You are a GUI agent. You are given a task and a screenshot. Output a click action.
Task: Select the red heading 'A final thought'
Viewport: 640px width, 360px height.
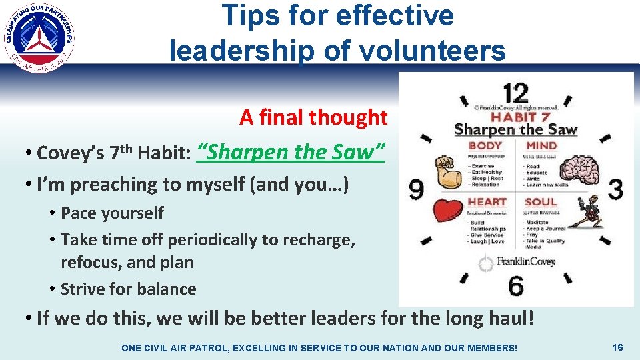point(313,117)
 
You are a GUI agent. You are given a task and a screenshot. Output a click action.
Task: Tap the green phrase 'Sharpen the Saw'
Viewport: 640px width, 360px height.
point(292,152)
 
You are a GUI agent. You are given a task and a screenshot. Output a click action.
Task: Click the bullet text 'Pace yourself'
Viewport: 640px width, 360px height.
point(112,213)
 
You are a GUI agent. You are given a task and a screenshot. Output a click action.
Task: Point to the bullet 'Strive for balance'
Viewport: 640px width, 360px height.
point(128,289)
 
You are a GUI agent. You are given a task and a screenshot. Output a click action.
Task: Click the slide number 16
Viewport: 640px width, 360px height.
point(617,347)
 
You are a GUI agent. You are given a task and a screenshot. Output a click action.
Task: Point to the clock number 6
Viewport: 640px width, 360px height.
point(515,285)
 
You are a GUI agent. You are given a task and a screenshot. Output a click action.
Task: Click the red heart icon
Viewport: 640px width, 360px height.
point(447,209)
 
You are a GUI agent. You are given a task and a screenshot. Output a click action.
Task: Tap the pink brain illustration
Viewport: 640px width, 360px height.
point(575,169)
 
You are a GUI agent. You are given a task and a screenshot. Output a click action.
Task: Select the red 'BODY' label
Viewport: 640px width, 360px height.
point(485,145)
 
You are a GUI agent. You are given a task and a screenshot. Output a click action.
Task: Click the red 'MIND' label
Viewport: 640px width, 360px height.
point(541,145)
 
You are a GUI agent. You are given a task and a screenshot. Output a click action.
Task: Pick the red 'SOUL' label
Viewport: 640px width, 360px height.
point(541,201)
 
